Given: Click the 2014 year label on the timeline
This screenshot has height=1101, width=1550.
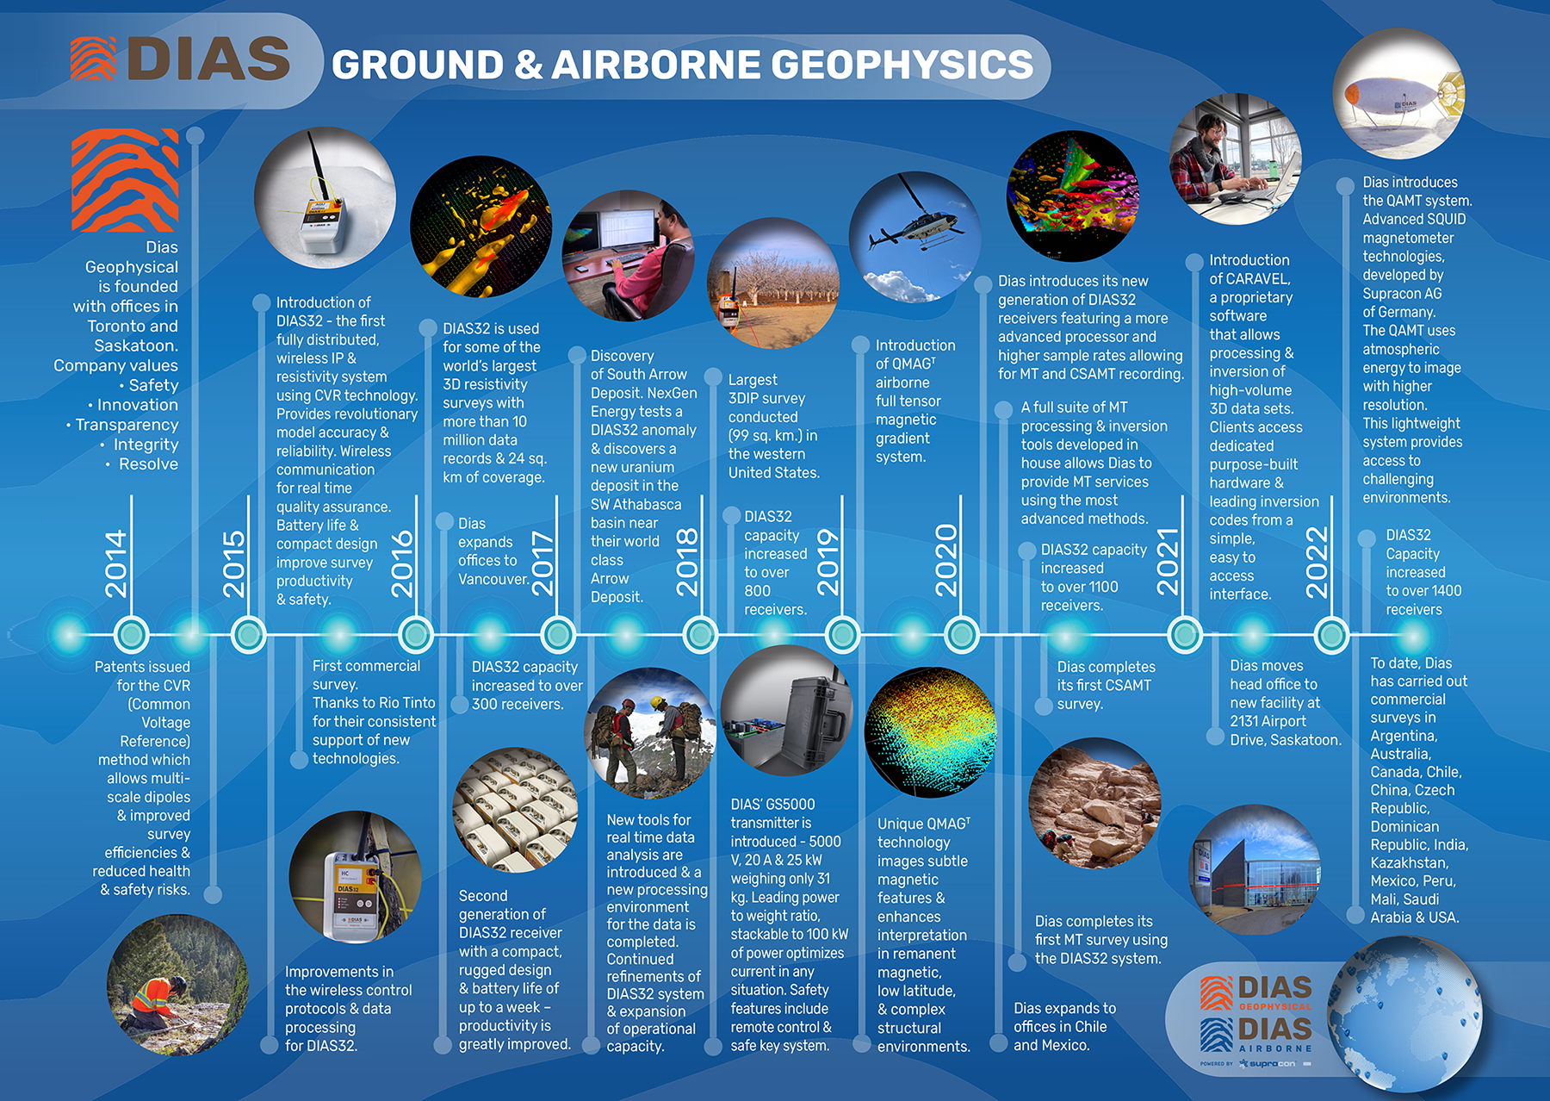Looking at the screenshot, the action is [115, 563].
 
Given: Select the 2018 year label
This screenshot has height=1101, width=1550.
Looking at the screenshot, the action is [687, 562].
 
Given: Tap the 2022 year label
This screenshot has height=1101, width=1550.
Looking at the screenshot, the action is [1317, 563].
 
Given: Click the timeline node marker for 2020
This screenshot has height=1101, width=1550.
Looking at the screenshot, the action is [961, 635].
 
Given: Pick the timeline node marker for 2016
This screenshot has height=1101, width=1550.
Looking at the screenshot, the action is [416, 635].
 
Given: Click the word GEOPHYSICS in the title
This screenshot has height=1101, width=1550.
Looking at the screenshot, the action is [902, 65].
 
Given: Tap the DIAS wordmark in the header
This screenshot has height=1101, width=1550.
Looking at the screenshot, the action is [209, 59].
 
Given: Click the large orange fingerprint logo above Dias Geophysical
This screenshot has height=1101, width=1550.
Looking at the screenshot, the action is [125, 180].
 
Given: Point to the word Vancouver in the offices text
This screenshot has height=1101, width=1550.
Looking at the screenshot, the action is [493, 579].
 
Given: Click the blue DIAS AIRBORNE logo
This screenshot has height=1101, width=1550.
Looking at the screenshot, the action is [1256, 1035].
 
